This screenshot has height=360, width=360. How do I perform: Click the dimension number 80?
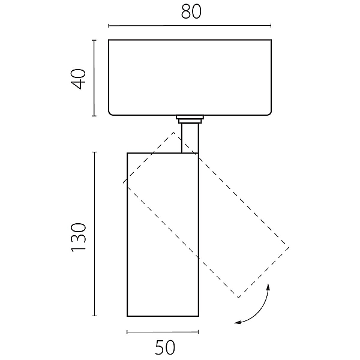(191, 11)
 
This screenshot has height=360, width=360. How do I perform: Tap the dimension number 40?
(79, 79)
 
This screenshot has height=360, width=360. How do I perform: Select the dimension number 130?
(79, 238)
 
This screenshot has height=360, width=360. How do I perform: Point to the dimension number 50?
(165, 347)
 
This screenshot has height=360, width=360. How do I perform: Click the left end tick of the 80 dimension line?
(109, 25)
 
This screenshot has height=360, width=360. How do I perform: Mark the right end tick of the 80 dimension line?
(271, 25)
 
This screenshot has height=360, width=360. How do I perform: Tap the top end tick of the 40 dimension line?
(94, 40)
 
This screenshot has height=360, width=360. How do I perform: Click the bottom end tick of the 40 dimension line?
(94, 116)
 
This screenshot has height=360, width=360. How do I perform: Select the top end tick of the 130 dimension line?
(94, 152)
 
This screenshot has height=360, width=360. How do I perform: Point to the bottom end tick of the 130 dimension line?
(94, 316)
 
